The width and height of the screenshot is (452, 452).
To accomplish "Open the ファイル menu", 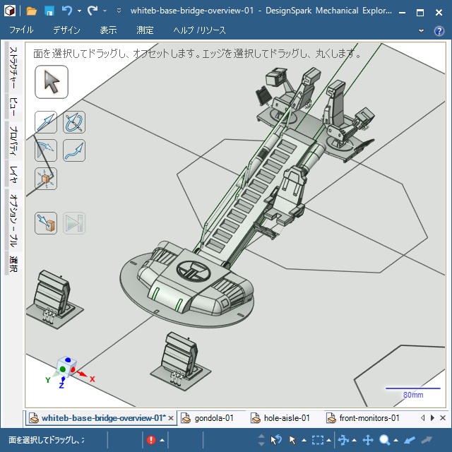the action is pos(21,30).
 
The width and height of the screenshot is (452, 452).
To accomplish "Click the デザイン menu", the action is pos(66,30).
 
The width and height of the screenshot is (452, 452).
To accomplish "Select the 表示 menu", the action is pos(108,30).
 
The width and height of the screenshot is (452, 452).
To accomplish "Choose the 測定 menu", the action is pos(145,30).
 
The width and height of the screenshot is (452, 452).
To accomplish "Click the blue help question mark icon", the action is pos(439,30).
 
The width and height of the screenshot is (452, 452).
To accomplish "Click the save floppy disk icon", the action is pos(49,11).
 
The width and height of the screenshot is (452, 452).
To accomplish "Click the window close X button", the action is pos(439,12).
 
